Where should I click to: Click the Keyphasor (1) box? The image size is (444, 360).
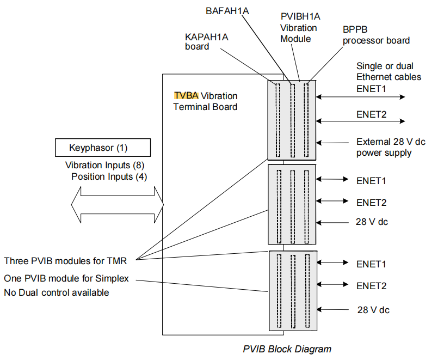tap(102, 148)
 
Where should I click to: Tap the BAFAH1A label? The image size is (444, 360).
tap(227, 11)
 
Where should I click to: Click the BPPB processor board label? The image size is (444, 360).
tap(376, 35)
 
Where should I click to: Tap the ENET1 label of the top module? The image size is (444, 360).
tap(371, 88)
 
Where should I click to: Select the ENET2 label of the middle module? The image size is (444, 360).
tap(371, 203)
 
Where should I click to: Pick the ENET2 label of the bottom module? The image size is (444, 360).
tap(371, 285)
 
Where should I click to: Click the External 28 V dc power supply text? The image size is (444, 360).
tap(390, 147)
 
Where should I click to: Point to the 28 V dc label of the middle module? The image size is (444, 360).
tap(372, 222)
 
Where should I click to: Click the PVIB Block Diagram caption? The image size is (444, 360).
tap(287, 349)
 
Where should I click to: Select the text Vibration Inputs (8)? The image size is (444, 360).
tap(104, 165)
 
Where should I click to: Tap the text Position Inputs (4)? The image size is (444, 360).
tap(109, 176)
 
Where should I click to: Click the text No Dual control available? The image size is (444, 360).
tap(57, 292)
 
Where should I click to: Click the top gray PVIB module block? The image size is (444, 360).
tap(292, 120)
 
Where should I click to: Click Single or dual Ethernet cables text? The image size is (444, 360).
tap(388, 71)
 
